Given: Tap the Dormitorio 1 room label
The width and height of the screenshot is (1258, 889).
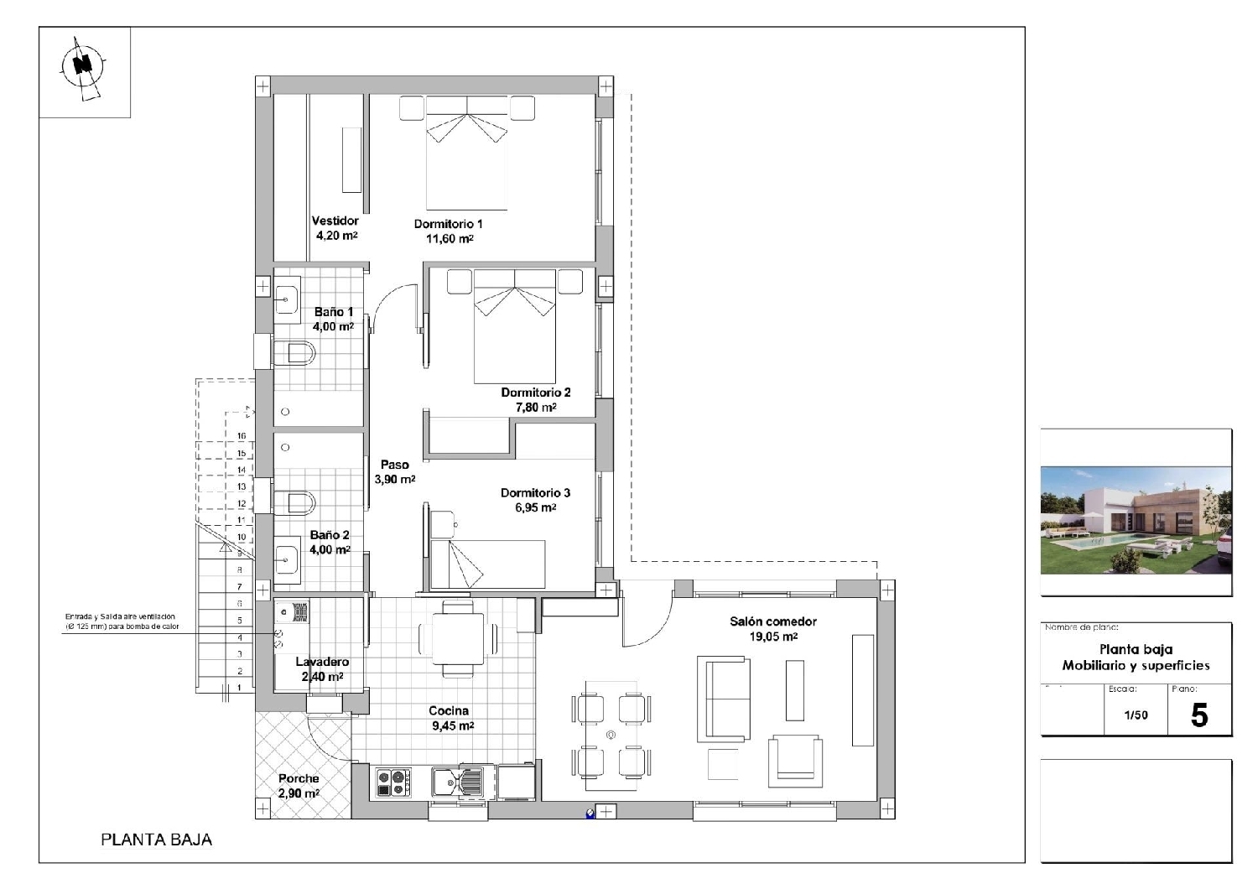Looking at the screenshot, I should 448,224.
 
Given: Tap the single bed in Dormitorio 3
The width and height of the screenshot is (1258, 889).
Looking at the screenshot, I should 487,564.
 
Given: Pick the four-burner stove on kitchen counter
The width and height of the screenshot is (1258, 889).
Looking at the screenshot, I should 394,782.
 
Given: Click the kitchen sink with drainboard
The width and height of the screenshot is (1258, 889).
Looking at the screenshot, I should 459,782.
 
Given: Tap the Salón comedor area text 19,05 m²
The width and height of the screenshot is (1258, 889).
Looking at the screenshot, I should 772,637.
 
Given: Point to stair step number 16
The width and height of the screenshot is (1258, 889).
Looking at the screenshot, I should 242,436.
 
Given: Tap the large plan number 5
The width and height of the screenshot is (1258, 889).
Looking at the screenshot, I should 1199,715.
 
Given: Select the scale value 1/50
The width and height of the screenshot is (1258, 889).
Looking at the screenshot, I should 1136,715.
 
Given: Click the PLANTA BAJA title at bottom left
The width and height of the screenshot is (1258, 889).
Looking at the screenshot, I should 156,840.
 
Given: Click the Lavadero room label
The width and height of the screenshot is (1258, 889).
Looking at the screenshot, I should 322,663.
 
